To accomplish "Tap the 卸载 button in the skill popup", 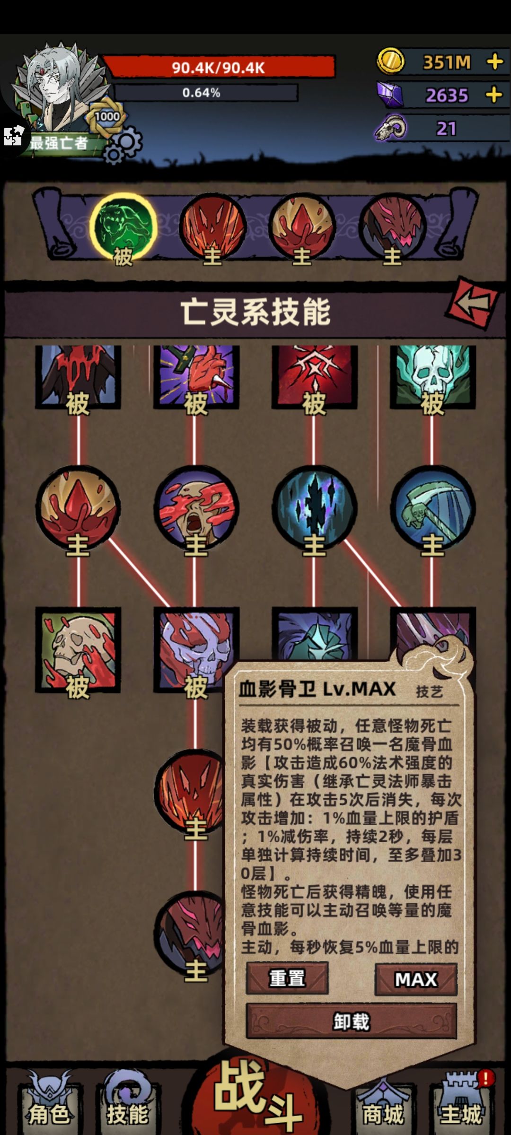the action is [351, 1021].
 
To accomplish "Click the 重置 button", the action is [287, 978].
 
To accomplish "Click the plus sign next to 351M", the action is [495, 61].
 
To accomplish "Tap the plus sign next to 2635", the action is [494, 95].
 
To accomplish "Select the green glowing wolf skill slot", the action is [123, 227].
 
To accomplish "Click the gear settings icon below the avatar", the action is [123, 145].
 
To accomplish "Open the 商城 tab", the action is [383, 1105].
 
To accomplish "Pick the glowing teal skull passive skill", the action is [432, 376].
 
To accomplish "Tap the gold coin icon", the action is [391, 61].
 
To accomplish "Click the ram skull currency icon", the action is [391, 128].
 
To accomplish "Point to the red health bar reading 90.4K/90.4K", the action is [219, 67].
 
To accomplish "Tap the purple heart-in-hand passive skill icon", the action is [196, 376].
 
